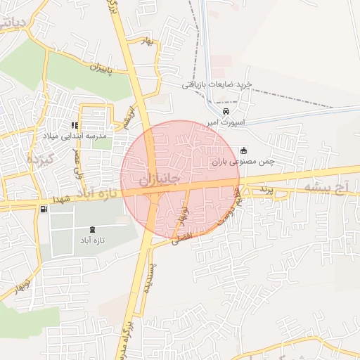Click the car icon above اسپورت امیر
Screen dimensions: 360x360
click(226, 112)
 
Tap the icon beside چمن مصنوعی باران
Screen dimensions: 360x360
click(244, 150)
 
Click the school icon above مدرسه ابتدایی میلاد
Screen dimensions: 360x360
click(75, 125)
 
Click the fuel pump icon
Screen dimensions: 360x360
click(45, 210)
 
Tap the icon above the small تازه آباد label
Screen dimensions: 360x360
click(94, 229)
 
